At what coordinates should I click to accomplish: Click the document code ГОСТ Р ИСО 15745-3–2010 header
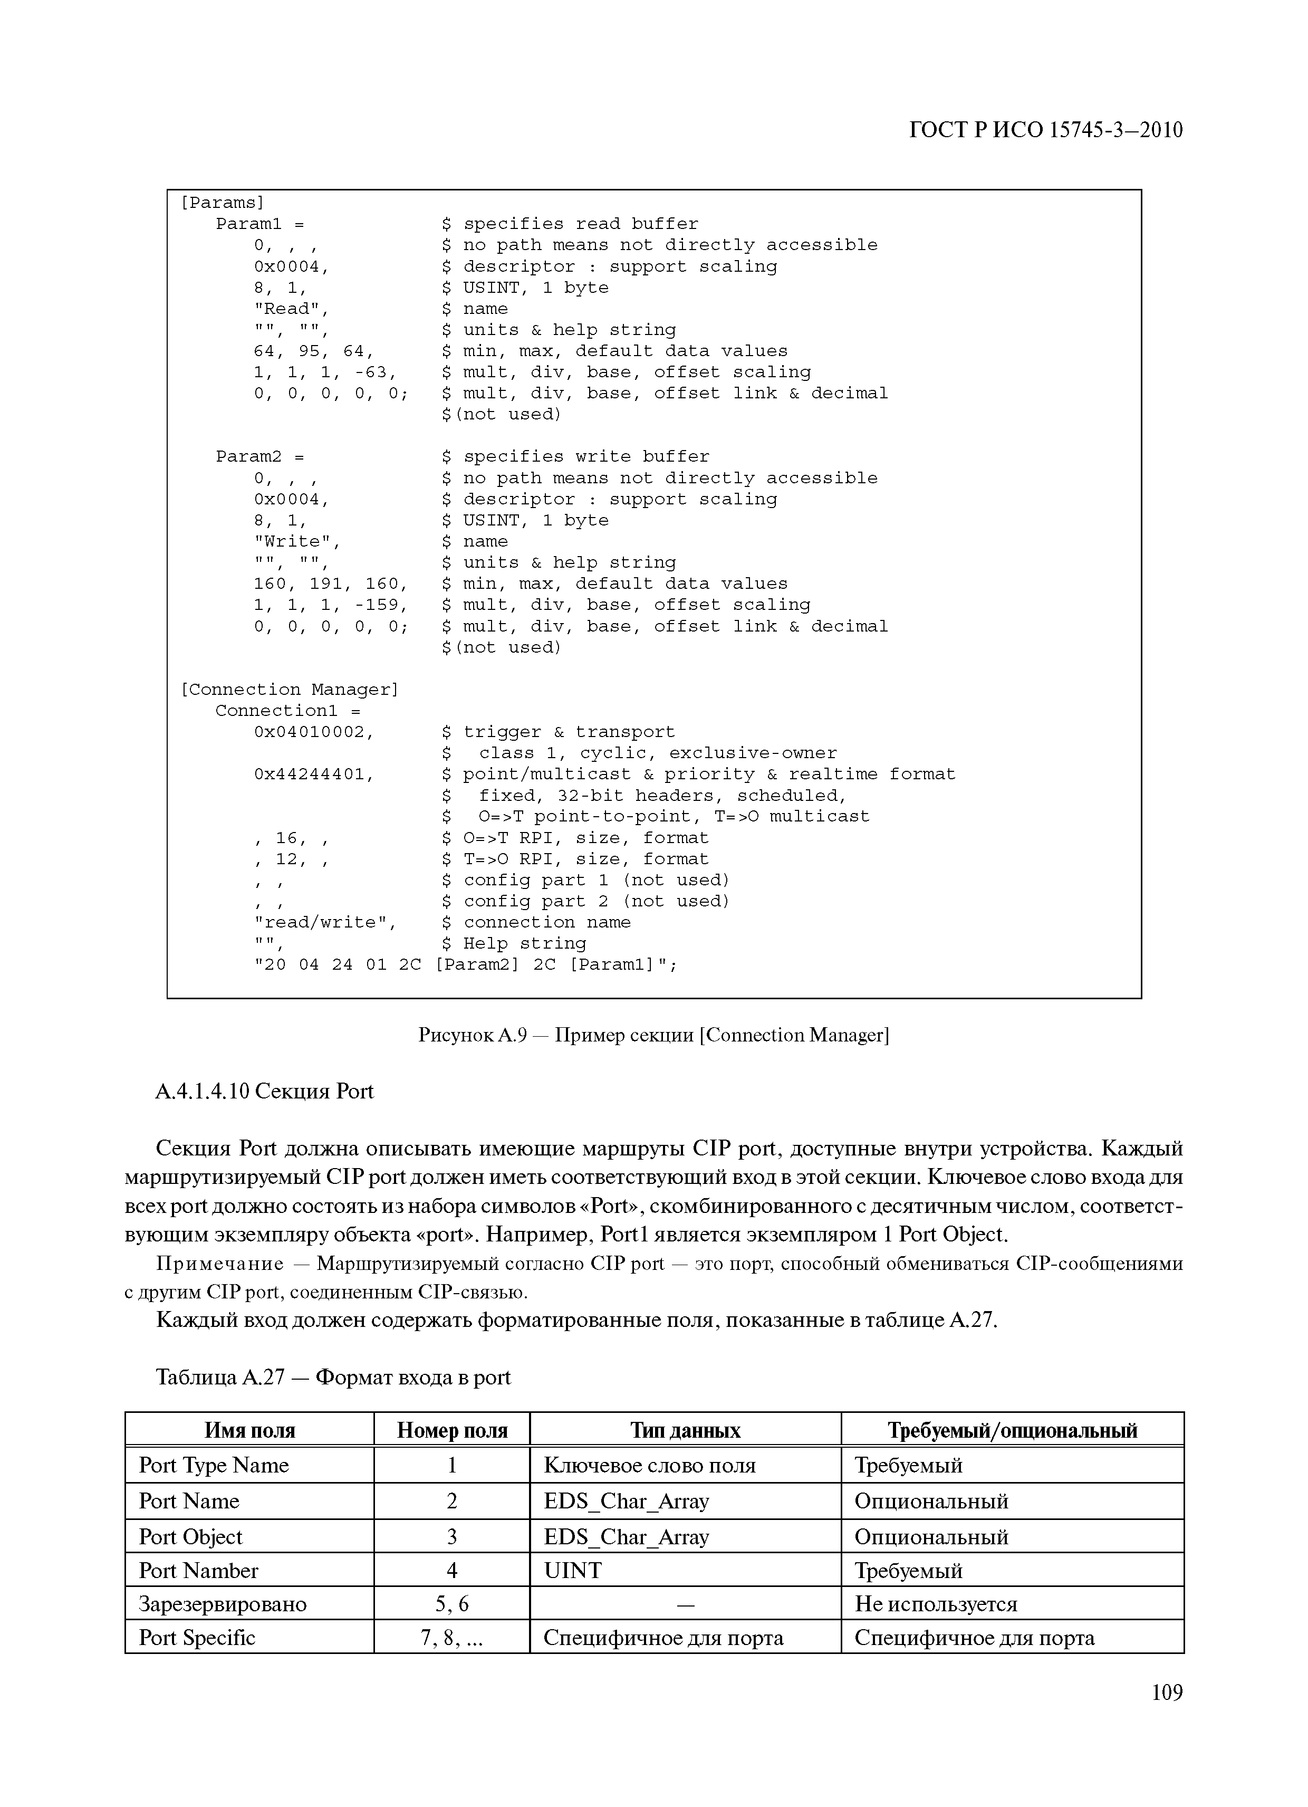[1045, 130]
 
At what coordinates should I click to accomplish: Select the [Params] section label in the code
[222, 203]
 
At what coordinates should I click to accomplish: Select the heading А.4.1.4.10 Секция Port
[264, 1092]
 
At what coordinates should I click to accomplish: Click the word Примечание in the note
[220, 1264]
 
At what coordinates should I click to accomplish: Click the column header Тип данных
[685, 1431]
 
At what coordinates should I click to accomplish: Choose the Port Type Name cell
[214, 1465]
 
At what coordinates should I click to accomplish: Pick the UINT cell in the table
[573, 1570]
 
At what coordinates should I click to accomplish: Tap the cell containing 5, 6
[451, 1604]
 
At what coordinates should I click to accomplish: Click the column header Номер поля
[451, 1431]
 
